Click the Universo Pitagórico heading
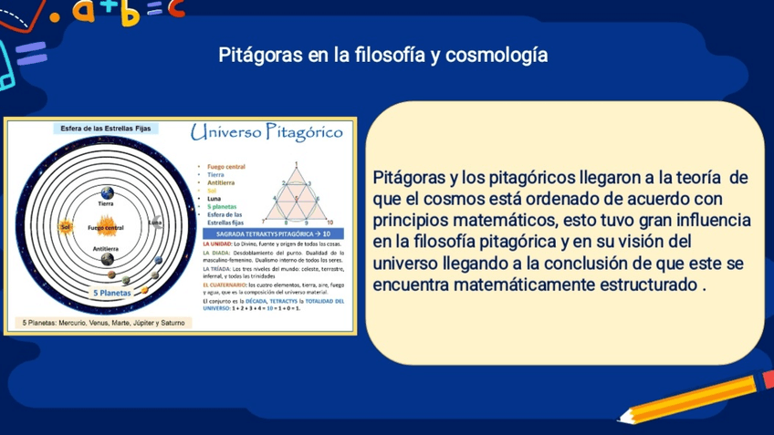(267, 132)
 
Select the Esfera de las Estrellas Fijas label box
(105, 129)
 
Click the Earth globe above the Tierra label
(107, 192)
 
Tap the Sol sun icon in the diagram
(66, 226)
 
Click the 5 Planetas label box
(112, 294)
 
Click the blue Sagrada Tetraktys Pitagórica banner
(272, 234)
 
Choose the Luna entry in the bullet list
(214, 199)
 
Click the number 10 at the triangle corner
(329, 222)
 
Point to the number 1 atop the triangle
(297, 165)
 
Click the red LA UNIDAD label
(217, 244)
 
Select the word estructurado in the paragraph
(645, 285)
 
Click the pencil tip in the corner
(623, 419)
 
